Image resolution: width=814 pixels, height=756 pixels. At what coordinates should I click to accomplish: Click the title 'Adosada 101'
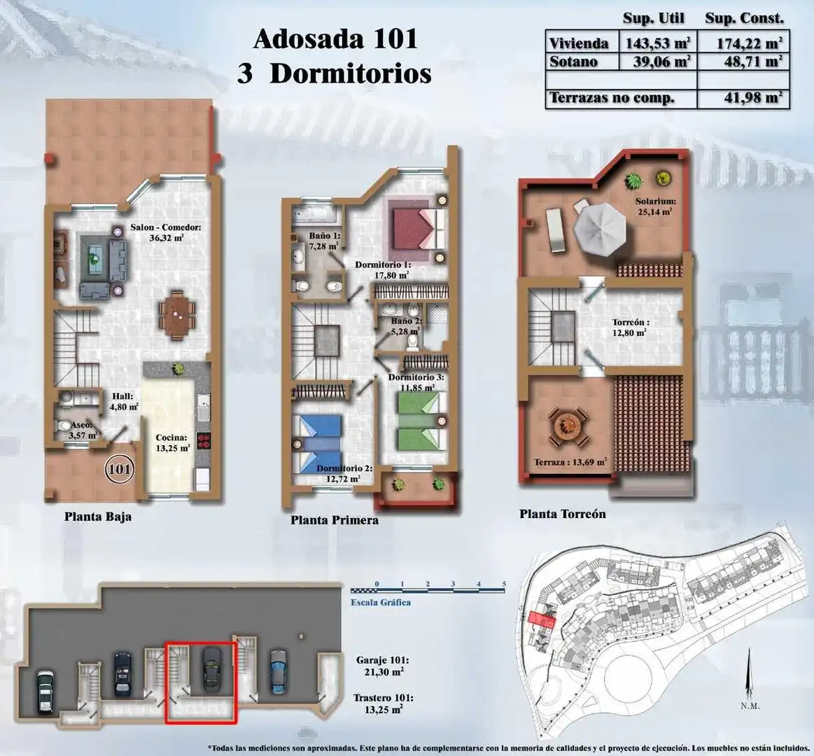coord(335,39)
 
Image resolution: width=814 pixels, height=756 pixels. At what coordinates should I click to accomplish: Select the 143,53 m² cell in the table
coord(658,43)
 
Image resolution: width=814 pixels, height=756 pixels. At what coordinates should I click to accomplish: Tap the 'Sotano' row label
coord(573,62)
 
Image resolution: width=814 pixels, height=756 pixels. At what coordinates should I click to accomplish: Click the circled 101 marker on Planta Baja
coord(120,470)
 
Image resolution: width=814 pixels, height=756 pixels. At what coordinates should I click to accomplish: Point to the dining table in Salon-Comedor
coord(178,315)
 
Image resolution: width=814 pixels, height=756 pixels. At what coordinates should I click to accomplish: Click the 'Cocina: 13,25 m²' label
coord(172,443)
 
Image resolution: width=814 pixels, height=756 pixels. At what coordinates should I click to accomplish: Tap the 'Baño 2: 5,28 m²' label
coord(406,326)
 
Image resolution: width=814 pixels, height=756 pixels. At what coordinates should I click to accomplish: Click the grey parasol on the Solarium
coord(600,229)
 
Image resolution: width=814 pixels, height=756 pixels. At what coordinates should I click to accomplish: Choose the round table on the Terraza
coord(568,427)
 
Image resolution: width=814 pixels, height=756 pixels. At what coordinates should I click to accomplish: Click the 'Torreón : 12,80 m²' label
coord(630,328)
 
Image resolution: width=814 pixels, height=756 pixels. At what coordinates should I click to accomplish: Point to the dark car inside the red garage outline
coord(212,669)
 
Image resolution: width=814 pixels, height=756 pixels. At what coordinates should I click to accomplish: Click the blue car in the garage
coord(279,671)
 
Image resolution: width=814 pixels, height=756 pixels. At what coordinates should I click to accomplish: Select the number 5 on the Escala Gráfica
coord(503,584)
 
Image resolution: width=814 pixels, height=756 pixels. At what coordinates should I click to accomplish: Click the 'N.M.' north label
coord(750,706)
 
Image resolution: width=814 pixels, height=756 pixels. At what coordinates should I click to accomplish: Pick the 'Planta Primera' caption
coord(335,519)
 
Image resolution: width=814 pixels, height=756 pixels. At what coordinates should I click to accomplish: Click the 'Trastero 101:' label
coord(383,698)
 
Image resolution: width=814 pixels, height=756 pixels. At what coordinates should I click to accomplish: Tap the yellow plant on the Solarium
coord(662,178)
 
